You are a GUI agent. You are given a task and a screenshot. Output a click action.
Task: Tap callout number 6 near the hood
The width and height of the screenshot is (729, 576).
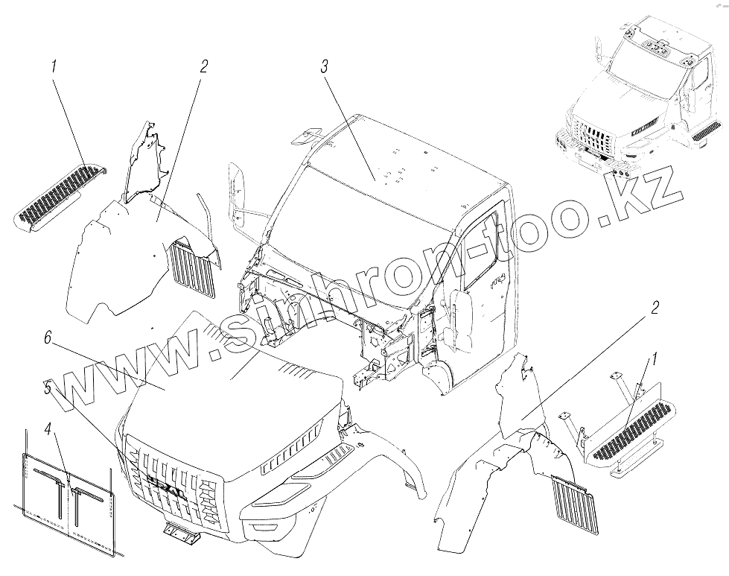(x=48, y=338)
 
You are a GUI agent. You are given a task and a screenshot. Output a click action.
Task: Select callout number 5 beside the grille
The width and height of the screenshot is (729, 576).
(x=48, y=387)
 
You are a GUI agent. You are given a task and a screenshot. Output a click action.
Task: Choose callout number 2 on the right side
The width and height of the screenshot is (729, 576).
(x=655, y=308)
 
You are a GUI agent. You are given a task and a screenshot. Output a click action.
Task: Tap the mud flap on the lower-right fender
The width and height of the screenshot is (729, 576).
(x=575, y=504)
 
